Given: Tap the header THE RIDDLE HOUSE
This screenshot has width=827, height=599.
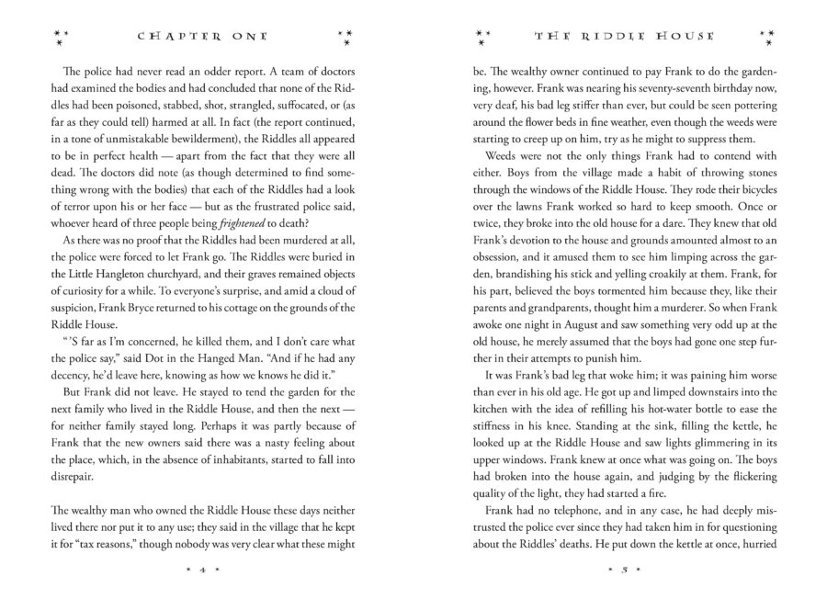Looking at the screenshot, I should click(620, 38).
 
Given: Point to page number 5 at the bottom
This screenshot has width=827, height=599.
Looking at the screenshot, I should click(620, 568).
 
